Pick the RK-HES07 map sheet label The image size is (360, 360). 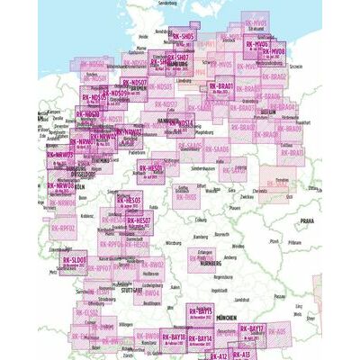[x=139, y=220]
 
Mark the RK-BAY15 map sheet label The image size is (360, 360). [x=203, y=310]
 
